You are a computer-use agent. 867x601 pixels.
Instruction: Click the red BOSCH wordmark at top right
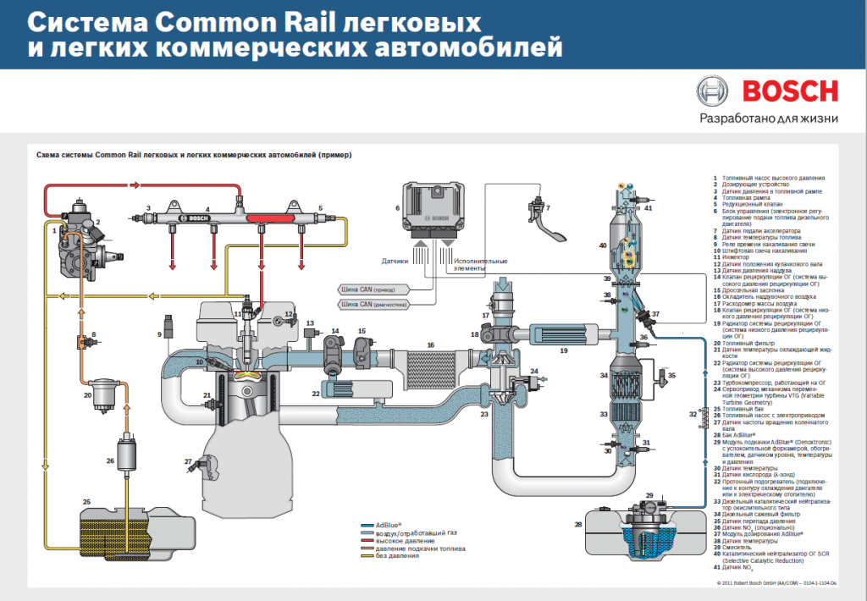click(790, 91)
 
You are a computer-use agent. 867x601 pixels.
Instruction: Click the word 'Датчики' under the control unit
click(395, 262)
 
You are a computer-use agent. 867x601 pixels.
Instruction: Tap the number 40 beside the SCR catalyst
click(603, 245)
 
